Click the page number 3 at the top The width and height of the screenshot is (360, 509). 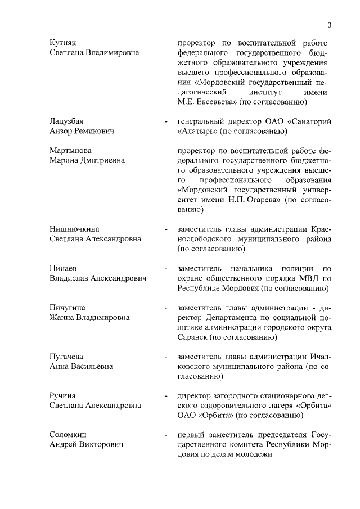[330, 25]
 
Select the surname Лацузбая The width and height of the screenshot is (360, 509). [66, 121]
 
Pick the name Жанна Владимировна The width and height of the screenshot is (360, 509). [89, 318]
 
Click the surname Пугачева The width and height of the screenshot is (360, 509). [66, 357]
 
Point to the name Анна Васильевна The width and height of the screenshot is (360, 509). [81, 367]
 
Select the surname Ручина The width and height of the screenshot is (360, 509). [62, 396]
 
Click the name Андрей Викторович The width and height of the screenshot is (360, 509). [86, 445]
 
